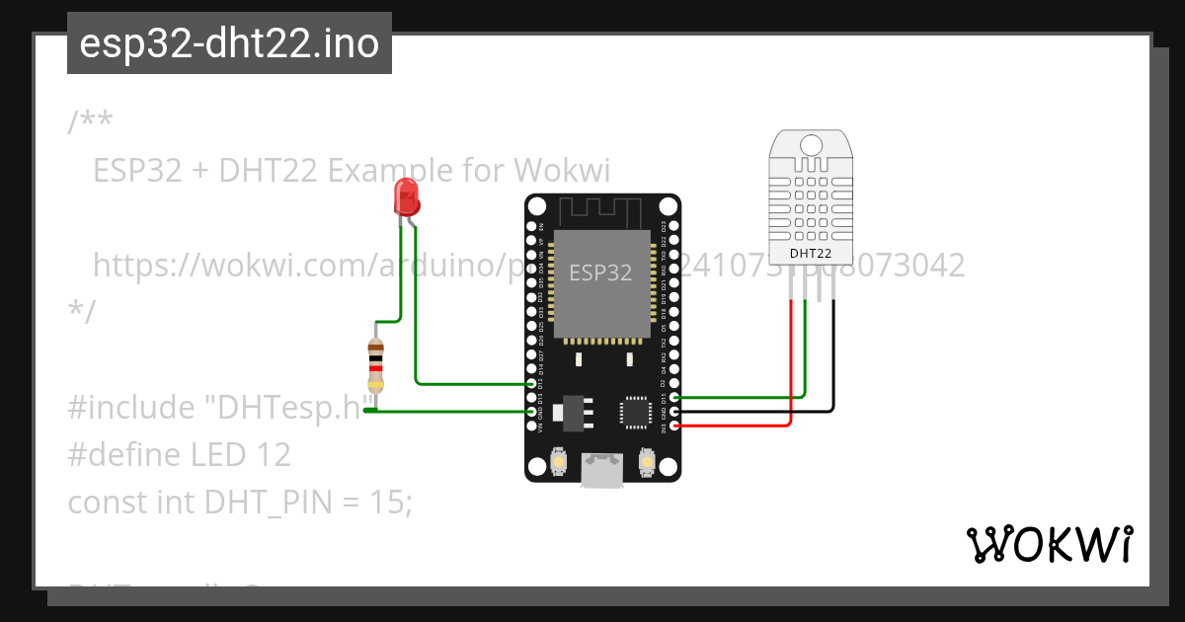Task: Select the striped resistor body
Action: [375, 366]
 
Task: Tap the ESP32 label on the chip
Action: [599, 272]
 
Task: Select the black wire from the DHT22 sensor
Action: [832, 355]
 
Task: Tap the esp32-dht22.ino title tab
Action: [229, 44]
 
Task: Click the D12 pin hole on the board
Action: [532, 383]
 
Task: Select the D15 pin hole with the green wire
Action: [674, 398]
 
